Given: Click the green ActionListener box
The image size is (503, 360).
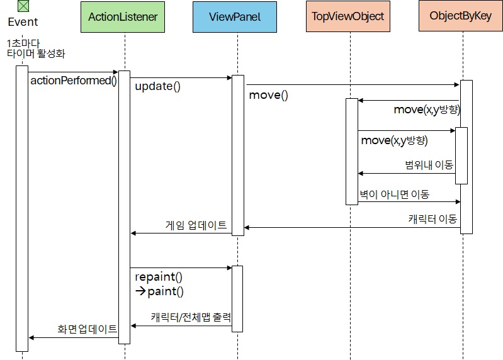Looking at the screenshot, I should coord(123,17).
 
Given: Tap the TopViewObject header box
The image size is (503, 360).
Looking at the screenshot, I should coord(348,17).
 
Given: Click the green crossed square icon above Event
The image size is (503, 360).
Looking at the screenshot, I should coord(23,6).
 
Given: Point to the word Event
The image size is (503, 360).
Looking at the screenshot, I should coord(23,22).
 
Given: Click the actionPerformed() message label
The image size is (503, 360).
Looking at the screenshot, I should coord(73,81).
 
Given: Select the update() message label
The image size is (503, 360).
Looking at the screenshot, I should coord(157,86).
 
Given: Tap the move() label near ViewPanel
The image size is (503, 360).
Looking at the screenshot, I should coord(268,96).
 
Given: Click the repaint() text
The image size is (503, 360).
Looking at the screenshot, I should coord(158,277).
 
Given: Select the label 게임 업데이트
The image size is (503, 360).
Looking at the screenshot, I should coord(196,225).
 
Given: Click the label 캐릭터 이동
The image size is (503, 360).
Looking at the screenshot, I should coord(432,219).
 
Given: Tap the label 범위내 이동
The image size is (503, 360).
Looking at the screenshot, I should coord(429,165).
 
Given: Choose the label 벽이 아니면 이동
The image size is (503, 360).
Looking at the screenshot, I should coord(394,194).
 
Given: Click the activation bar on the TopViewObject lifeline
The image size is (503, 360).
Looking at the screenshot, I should coord(351,151).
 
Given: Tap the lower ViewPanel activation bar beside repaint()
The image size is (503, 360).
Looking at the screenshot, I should coord(237,298).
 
